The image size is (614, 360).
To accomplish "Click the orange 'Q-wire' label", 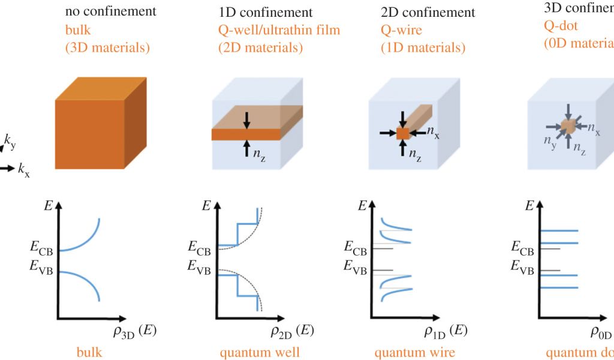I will click(x=402, y=29).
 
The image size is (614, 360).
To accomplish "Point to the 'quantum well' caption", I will click(x=260, y=352).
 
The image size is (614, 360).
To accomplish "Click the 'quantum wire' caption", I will click(x=415, y=352).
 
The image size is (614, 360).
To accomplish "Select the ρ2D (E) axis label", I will click(x=291, y=331).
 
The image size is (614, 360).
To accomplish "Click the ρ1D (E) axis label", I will click(x=446, y=331).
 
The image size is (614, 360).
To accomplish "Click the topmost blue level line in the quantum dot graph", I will click(x=559, y=230).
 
